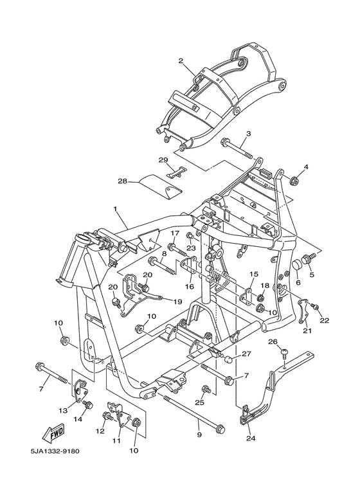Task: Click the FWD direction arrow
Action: [54, 432]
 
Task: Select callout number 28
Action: [123, 181]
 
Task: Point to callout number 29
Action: [163, 159]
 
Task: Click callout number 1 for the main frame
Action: [115, 209]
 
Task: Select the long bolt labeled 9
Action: [195, 413]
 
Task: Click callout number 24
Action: [251, 438]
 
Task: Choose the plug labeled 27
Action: [228, 360]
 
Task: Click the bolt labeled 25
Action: [206, 388]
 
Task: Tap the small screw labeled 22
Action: [315, 306]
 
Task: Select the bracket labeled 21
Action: [303, 311]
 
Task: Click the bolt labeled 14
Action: [87, 405]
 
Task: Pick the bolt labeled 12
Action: [108, 416]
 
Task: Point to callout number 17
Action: [175, 234]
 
